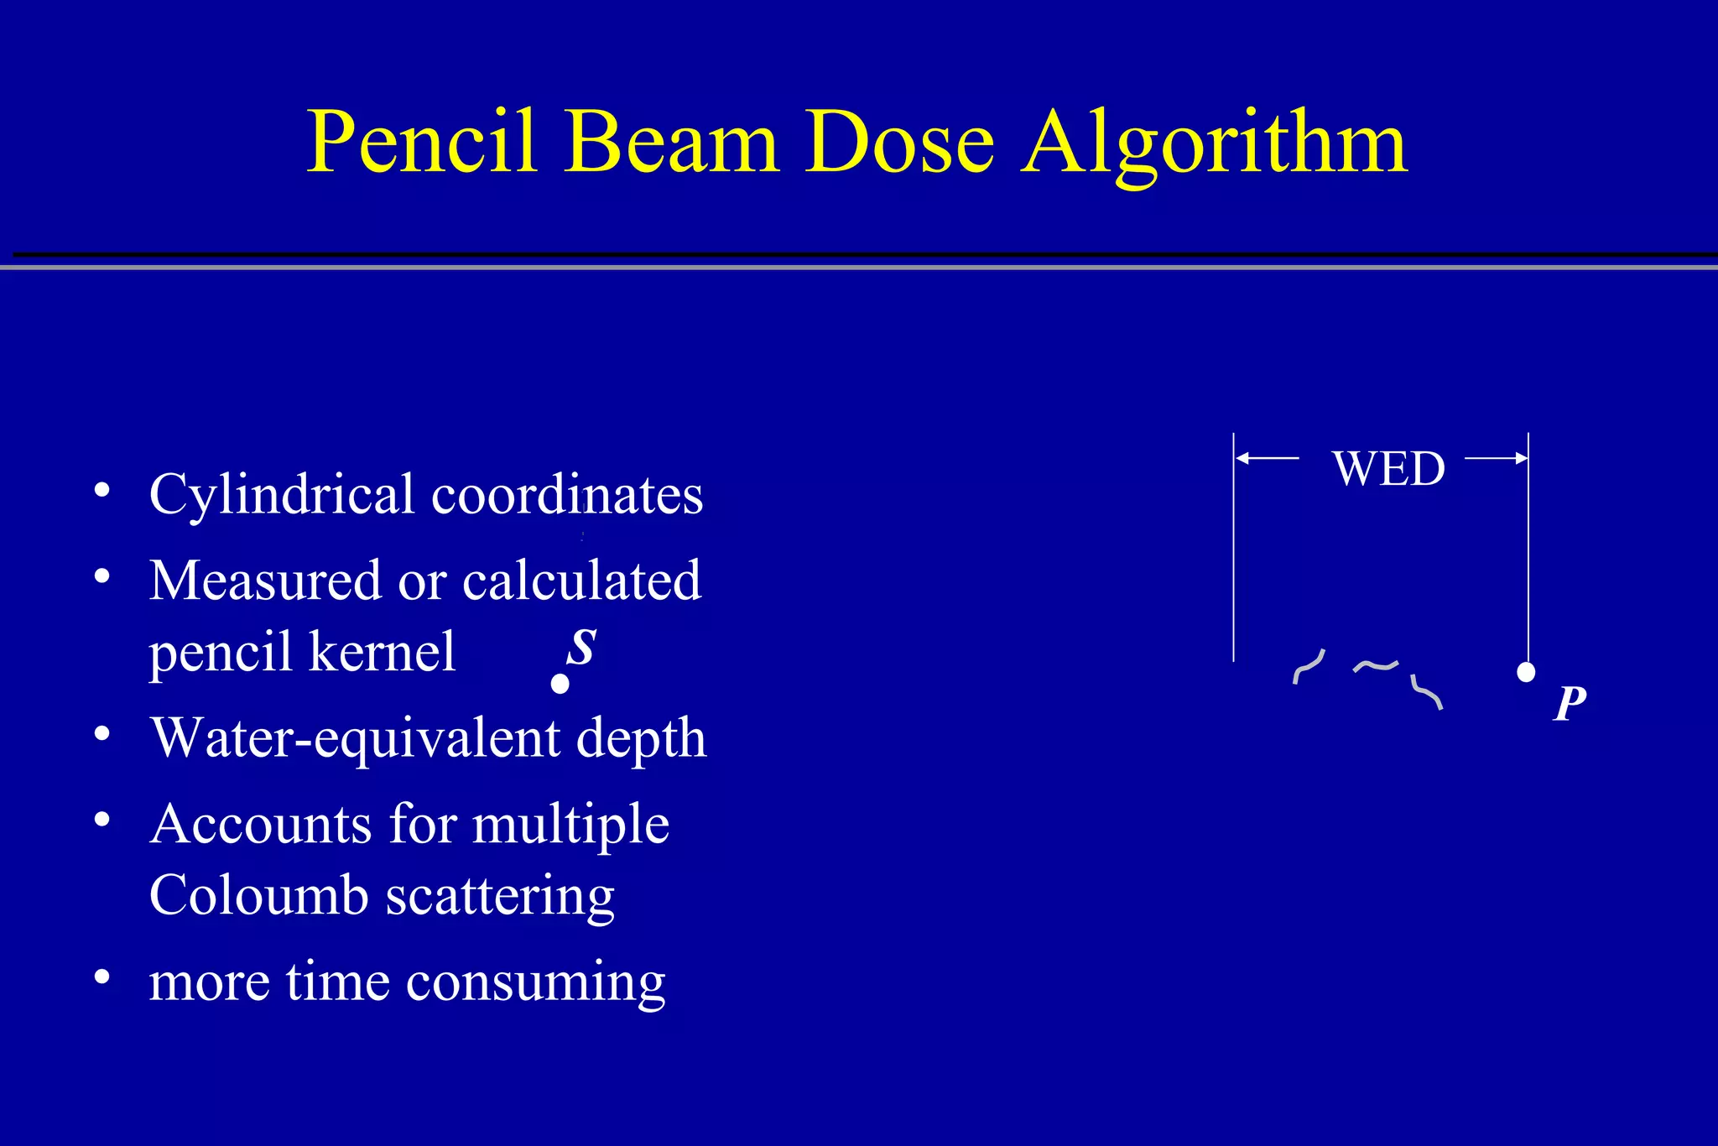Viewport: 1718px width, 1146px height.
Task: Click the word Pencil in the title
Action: click(421, 143)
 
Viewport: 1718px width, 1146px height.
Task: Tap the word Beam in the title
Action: click(671, 143)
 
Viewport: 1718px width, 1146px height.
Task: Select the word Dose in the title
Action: click(899, 143)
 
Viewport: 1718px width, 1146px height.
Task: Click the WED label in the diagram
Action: click(1388, 468)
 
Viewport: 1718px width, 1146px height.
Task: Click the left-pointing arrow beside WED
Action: click(1267, 458)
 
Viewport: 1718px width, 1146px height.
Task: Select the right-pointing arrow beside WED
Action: click(1497, 458)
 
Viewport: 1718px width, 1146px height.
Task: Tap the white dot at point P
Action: click(1526, 672)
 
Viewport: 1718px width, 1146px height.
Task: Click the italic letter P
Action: click(1570, 703)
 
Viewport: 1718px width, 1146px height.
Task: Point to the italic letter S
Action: click(581, 647)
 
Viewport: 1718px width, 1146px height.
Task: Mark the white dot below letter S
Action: click(560, 685)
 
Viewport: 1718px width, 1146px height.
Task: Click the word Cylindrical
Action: click(282, 495)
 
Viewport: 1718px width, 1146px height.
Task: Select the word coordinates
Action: click(567, 495)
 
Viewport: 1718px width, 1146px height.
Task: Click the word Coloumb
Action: click(258, 895)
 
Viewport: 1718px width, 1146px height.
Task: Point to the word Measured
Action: click(265, 581)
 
